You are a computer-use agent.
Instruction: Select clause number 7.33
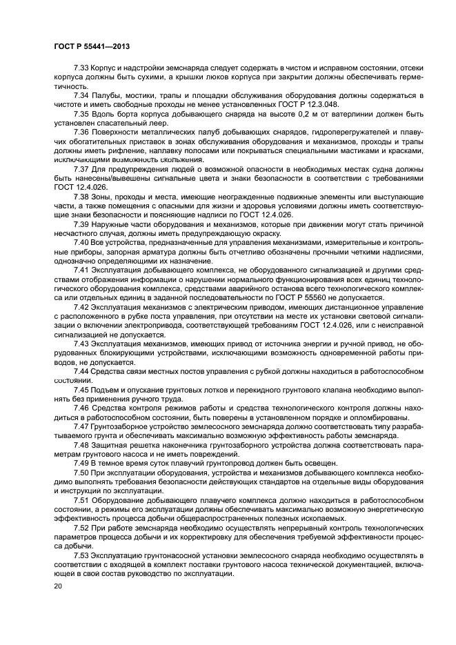tap(82, 68)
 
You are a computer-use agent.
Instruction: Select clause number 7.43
tap(82, 343)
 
